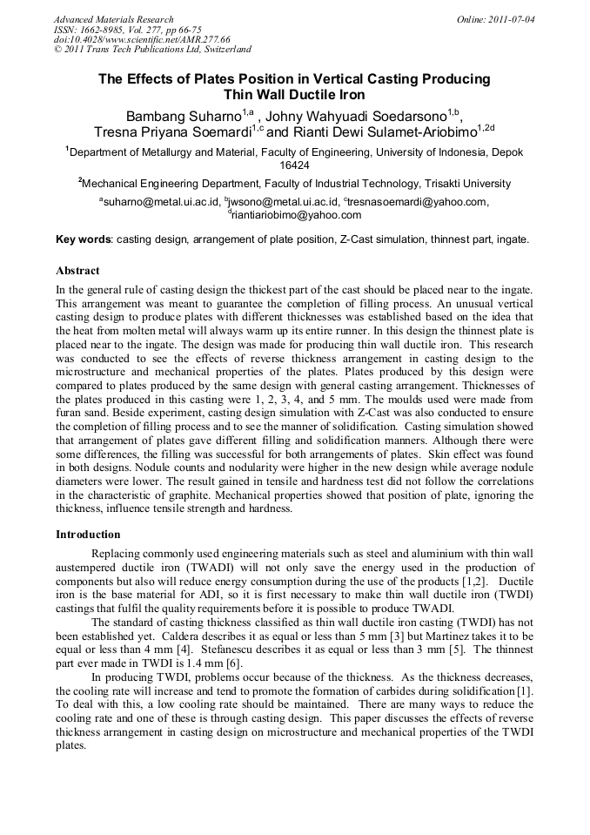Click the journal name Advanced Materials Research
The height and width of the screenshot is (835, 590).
pos(114,19)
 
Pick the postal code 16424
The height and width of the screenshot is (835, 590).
pos(294,165)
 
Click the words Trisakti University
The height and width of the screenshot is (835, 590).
pos(466,184)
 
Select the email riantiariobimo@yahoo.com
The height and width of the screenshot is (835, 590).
pos(296,215)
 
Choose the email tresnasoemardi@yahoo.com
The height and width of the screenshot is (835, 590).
pos(416,202)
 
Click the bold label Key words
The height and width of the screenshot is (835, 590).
pos(83,239)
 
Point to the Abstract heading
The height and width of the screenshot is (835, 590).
pos(77,271)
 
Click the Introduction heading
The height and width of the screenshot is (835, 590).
pos(88,534)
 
